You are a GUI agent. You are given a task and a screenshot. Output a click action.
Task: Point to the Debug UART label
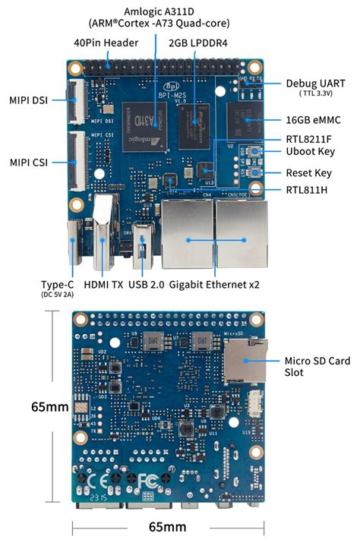coord(315,83)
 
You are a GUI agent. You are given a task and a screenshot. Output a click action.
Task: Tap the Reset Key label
coord(309,173)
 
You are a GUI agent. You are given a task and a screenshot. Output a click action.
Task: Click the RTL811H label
coord(307,189)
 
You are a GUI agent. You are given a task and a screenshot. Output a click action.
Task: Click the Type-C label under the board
coord(57,284)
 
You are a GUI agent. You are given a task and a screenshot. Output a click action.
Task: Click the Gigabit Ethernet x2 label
coord(215,284)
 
